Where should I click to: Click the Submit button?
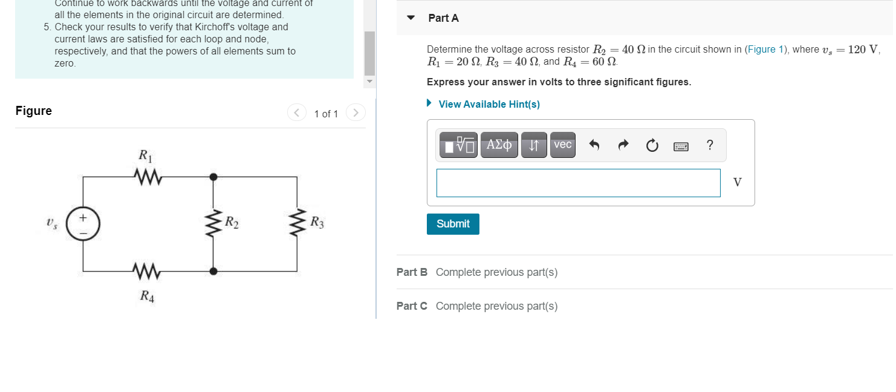[x=453, y=224]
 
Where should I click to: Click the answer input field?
[x=578, y=183]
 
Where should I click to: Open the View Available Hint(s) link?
[x=489, y=104]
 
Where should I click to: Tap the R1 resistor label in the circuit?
[x=146, y=155]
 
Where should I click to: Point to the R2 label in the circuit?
[x=232, y=222]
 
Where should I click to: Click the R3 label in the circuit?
[x=317, y=222]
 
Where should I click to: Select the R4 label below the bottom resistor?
[x=147, y=296]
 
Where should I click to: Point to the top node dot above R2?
[x=213, y=177]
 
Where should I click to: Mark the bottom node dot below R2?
[x=213, y=271]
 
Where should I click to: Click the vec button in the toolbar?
[x=562, y=145]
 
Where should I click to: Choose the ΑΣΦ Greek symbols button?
[x=499, y=145]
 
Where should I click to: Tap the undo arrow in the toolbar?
[x=594, y=145]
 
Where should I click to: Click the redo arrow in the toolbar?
[x=623, y=145]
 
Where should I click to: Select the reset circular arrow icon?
[x=652, y=145]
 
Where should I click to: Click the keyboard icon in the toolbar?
[x=680, y=146]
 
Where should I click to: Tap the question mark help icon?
[x=709, y=145]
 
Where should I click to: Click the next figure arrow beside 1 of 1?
[x=356, y=113]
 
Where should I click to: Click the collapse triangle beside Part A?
[x=411, y=18]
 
